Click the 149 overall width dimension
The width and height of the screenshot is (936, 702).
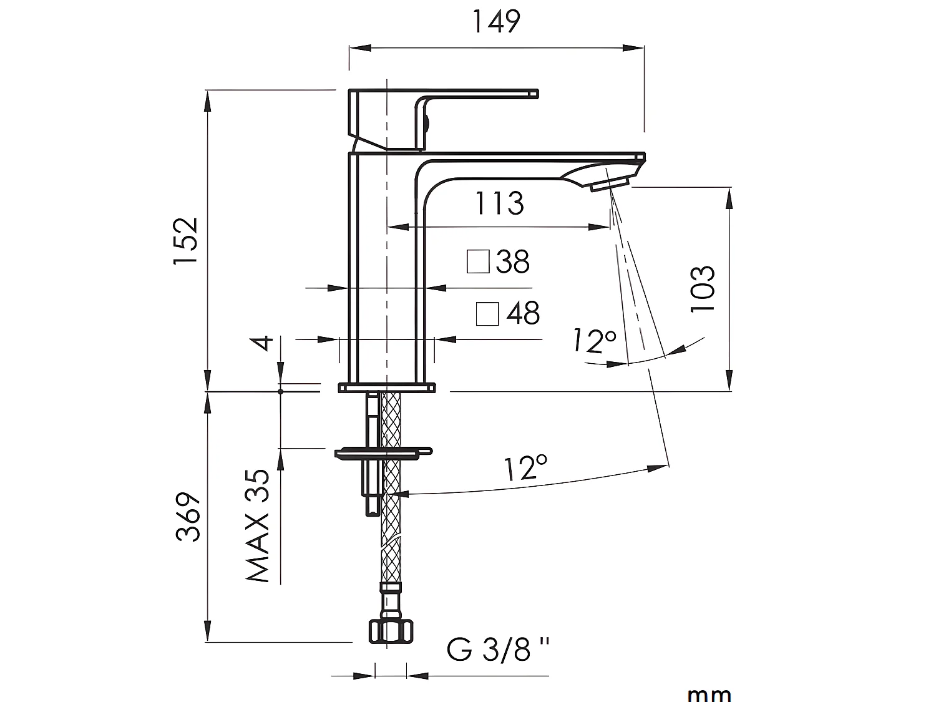click(x=496, y=22)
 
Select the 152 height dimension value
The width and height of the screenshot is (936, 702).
click(x=185, y=241)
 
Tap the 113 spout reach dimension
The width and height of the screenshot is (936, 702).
click(x=499, y=203)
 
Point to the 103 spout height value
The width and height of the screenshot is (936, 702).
click(x=703, y=289)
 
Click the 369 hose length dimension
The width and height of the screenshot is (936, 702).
click(x=187, y=517)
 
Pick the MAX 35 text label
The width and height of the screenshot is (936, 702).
click(x=258, y=525)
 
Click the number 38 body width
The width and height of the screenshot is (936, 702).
click(x=513, y=262)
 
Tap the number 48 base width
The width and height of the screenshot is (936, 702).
click(x=523, y=313)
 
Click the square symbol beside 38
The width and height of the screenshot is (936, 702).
click(x=478, y=262)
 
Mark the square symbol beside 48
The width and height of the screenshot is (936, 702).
click(x=487, y=314)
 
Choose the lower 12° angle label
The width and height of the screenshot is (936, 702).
click(x=526, y=468)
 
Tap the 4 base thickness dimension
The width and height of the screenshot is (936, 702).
click(x=266, y=343)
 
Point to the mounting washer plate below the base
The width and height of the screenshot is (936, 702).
click(x=382, y=452)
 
